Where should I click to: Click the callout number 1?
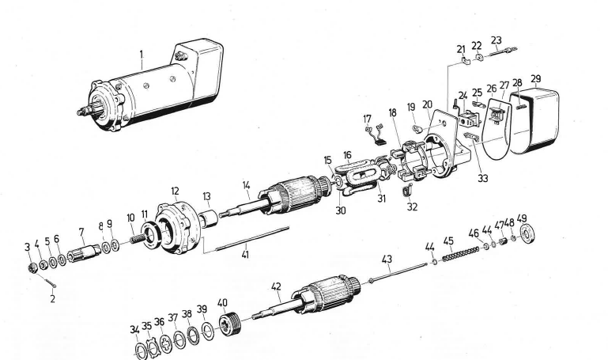click(141, 55)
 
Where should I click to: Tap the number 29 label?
click(537, 80)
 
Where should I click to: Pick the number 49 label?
click(522, 218)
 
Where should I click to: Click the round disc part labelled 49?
click(530, 235)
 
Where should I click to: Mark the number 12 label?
click(175, 191)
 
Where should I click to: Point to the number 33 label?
click(483, 178)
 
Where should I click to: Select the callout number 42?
click(277, 286)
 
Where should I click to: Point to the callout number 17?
click(367, 119)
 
